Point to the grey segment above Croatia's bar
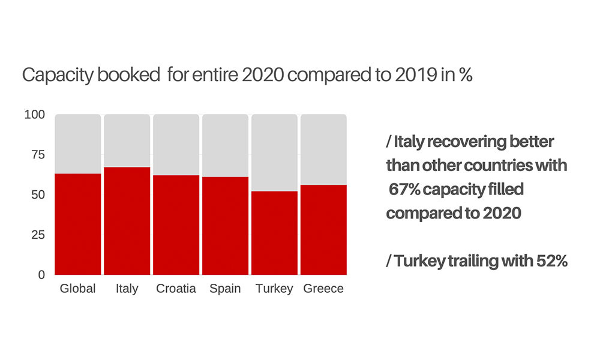[x=176, y=144]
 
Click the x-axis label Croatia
[x=176, y=289]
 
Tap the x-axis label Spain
[x=225, y=289]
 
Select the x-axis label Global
[x=78, y=289]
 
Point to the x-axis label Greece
[x=323, y=289]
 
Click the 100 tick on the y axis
[x=34, y=114]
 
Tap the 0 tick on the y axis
[x=41, y=275]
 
